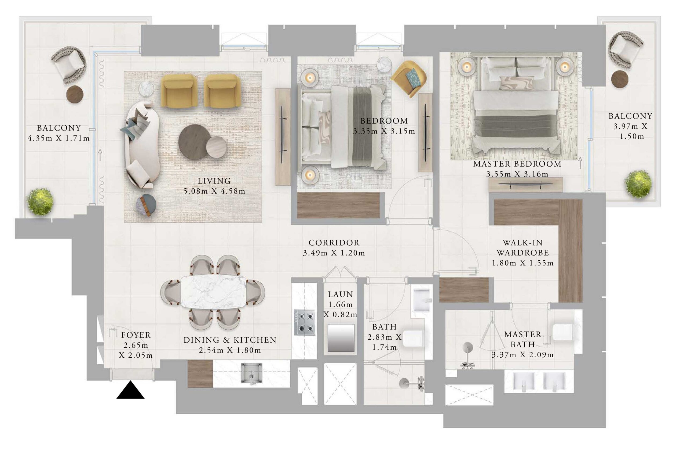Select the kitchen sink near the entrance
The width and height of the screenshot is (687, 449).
(x=251, y=374)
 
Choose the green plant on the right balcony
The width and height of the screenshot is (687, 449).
(x=638, y=184)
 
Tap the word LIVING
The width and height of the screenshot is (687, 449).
(x=214, y=181)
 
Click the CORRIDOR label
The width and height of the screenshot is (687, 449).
(x=334, y=243)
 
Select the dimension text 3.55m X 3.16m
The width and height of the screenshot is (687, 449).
(x=517, y=174)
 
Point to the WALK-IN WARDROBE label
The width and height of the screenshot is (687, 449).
(x=522, y=248)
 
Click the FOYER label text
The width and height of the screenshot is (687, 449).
(x=136, y=335)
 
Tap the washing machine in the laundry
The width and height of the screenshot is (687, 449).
(x=341, y=338)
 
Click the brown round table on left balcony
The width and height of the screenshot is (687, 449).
(x=75, y=95)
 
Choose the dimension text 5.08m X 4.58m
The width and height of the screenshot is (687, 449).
(x=214, y=191)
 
